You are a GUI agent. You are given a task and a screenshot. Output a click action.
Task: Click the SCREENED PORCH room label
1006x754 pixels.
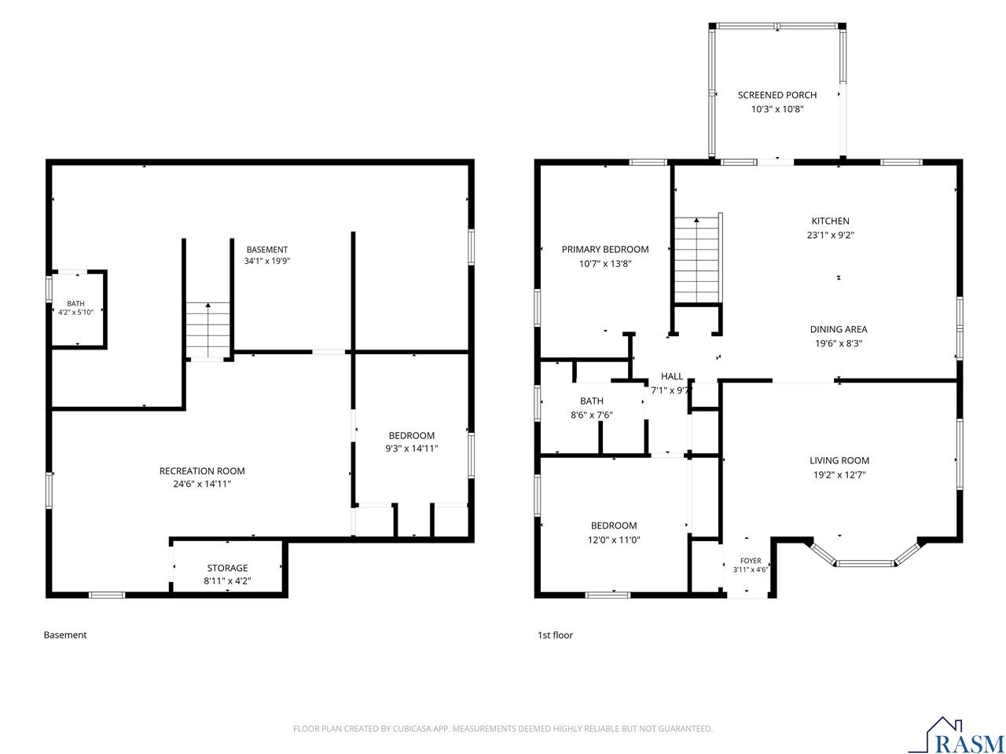[x=777, y=95]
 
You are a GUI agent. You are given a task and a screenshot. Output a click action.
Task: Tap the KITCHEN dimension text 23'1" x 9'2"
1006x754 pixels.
[x=830, y=236]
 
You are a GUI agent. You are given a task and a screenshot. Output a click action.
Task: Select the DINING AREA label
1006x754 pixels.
[x=839, y=329]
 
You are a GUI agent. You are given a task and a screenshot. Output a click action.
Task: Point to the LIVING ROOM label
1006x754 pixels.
[x=839, y=460]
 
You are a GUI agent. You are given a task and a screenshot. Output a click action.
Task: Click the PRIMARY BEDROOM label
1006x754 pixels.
[x=605, y=250]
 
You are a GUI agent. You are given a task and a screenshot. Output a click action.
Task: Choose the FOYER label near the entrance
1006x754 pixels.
[x=751, y=561]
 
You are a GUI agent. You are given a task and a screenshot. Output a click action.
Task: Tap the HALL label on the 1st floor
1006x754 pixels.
[x=672, y=376]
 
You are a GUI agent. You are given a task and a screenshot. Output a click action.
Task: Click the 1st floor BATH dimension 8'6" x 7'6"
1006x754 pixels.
[x=591, y=415]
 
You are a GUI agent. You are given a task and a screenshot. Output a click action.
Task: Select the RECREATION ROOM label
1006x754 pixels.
[x=202, y=471]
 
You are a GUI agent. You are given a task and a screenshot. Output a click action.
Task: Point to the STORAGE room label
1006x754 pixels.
[x=227, y=568]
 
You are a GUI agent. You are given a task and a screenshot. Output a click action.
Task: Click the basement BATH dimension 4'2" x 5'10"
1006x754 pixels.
[x=75, y=313]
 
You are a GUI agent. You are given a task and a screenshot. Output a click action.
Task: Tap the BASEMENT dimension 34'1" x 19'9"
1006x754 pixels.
[x=267, y=262]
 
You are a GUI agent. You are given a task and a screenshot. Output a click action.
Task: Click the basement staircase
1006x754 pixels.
[x=207, y=329]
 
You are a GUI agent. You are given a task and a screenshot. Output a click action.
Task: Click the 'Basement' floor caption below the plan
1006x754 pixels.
[x=65, y=635]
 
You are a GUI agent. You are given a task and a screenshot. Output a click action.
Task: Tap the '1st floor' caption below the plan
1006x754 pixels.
[x=555, y=635]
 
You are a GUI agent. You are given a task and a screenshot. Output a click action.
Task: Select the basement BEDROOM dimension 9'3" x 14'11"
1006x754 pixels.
[x=412, y=448]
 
